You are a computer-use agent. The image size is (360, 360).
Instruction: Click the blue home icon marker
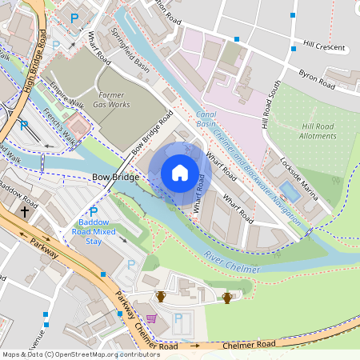(180, 173)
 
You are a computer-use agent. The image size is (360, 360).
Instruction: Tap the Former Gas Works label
(110, 99)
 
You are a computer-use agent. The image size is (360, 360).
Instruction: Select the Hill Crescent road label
(325, 46)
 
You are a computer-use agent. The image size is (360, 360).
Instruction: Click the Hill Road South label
(270, 104)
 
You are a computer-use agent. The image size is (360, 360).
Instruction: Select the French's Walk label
(61, 126)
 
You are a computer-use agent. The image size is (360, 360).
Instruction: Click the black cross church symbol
(25, 212)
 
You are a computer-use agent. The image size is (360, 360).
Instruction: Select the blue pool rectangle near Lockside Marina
(289, 191)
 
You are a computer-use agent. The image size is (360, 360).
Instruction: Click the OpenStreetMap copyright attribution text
(81, 354)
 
